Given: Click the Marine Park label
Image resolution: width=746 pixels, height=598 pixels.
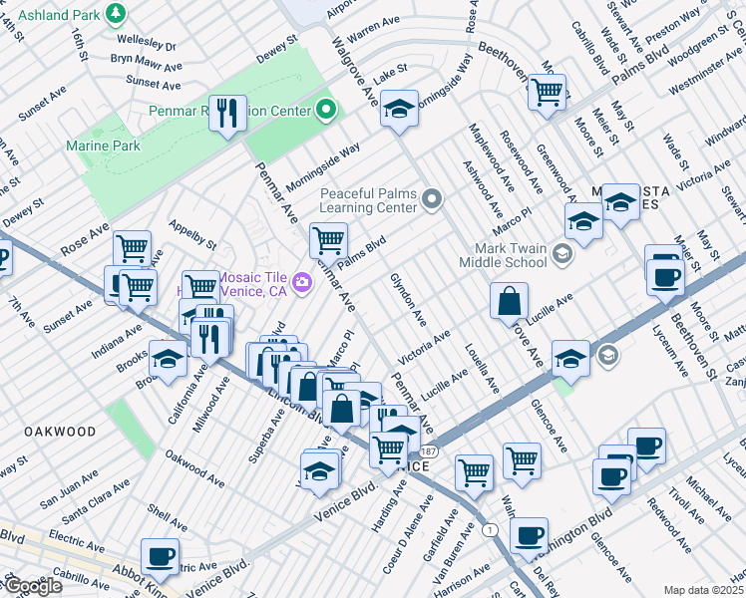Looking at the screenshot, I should coord(104,146).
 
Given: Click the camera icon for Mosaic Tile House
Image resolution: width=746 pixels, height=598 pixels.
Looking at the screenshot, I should coord(300,284).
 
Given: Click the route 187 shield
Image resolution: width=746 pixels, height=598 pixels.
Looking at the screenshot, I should coord(426,451).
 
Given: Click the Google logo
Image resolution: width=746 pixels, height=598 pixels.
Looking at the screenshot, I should coord(32,586).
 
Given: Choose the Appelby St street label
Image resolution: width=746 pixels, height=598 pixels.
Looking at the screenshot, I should coord(192,234).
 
